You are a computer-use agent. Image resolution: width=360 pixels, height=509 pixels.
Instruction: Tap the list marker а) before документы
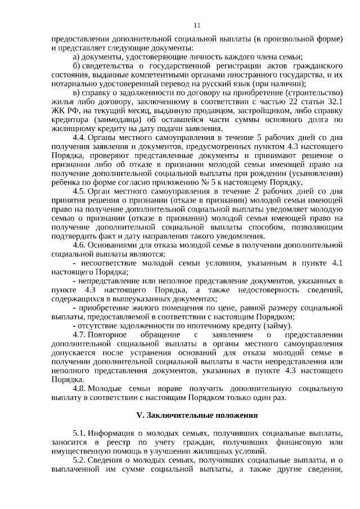[x=77, y=57]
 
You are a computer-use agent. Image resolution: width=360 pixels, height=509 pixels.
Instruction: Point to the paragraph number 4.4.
[x=79, y=137]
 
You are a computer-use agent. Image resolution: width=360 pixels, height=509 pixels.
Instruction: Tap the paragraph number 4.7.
[x=79, y=335]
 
